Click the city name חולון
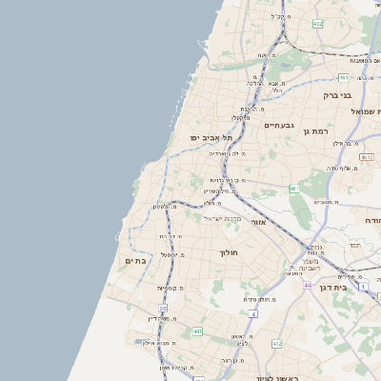229,251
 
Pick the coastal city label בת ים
134,259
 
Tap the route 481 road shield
343,77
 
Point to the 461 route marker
294,189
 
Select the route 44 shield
307,284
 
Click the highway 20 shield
163,308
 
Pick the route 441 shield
197,331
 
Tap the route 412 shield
277,343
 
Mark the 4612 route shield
367,155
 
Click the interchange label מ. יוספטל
171,254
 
